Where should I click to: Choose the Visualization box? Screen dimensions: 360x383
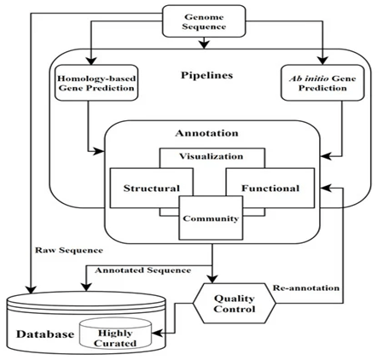pyautogui.click(x=212, y=157)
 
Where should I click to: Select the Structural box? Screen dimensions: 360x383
pyautogui.click(x=150, y=188)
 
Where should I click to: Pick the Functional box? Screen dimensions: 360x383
pyautogui.click(x=270, y=188)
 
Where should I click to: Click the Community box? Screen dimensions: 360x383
pyautogui.click(x=209, y=218)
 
